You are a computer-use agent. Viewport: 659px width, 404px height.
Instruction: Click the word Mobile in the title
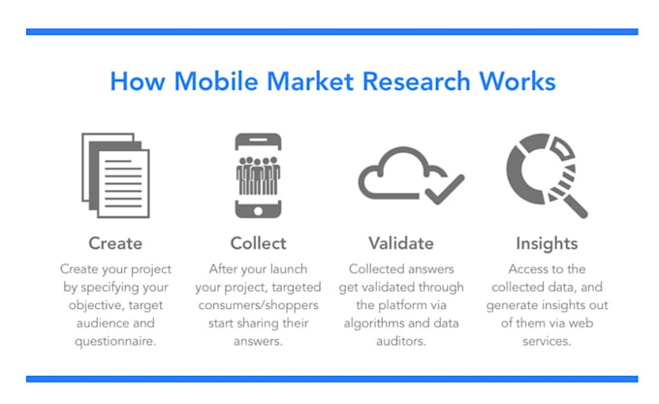point(216,81)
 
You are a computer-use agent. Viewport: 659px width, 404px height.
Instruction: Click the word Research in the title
point(416,81)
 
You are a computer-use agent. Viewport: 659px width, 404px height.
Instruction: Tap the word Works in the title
point(518,81)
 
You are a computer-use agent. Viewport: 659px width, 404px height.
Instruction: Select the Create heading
point(115,243)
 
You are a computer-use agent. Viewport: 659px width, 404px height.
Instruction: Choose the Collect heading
point(258,243)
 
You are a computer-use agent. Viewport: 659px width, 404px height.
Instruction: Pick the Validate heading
point(401,243)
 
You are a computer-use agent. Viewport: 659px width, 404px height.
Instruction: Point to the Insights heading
point(547,243)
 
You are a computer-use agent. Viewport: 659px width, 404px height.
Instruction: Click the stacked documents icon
point(115,175)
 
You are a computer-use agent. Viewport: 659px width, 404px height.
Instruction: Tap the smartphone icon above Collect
point(258,175)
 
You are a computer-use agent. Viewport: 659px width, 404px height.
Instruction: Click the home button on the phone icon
point(258,210)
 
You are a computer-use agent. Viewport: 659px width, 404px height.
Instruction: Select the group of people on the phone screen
point(258,175)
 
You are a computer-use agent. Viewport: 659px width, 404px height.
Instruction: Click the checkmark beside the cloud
point(445,189)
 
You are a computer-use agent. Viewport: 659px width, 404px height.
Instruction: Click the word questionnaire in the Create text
point(115,341)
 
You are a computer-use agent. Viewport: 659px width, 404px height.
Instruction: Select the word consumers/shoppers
point(258,305)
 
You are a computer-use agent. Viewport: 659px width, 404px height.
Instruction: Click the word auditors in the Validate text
point(401,341)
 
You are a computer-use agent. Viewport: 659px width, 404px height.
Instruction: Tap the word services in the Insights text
point(547,341)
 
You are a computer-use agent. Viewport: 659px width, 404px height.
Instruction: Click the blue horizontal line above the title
point(332,32)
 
